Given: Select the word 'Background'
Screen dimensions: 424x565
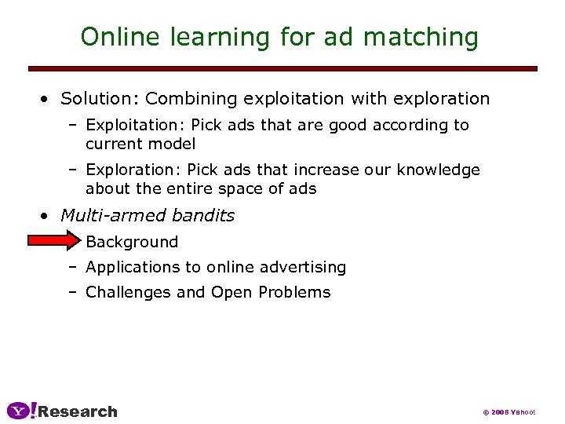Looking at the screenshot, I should pyautogui.click(x=132, y=242).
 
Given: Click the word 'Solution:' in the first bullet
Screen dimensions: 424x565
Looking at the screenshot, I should pyautogui.click(x=100, y=99).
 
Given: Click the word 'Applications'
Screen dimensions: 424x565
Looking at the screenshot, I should pyautogui.click(x=133, y=267).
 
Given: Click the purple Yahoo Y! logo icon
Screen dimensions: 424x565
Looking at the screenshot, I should pyautogui.click(x=20, y=410).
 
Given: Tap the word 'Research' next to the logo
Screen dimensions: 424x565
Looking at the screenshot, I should pyautogui.click(x=78, y=411).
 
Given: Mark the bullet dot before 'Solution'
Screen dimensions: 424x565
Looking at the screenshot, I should pyautogui.click(x=47, y=100).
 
